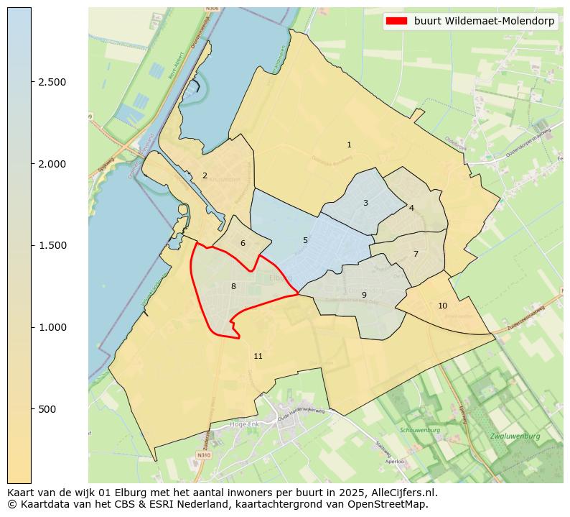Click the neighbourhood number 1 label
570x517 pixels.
pyautogui.click(x=349, y=145)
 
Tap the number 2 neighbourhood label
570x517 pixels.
pyautogui.click(x=205, y=175)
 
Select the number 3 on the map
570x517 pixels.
pyautogui.click(x=365, y=203)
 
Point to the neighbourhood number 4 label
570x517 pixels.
pyautogui.click(x=411, y=208)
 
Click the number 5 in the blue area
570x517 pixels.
pyautogui.click(x=305, y=240)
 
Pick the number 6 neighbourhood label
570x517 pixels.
pyautogui.click(x=243, y=243)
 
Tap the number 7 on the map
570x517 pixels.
pyautogui.click(x=416, y=254)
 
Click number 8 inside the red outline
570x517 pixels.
pyautogui.click(x=233, y=286)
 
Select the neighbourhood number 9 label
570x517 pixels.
pyautogui.click(x=364, y=295)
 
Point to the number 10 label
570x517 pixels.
pyautogui.click(x=442, y=306)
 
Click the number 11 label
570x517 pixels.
pyautogui.click(x=258, y=357)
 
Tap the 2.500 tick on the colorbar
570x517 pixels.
pyautogui.click(x=52, y=82)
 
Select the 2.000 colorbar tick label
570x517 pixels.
pyautogui.click(x=52, y=164)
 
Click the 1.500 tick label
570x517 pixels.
pyautogui.click(x=52, y=245)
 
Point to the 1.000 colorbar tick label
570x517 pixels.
pyautogui.click(x=52, y=327)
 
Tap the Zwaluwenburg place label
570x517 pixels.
pyautogui.click(x=515, y=436)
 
